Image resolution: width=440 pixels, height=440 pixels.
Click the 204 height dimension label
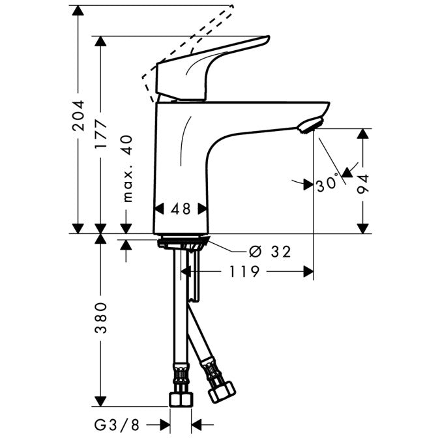pos(78,116)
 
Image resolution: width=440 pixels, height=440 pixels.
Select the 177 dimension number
pos(100,136)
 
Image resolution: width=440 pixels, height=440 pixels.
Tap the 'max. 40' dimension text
pos(126,168)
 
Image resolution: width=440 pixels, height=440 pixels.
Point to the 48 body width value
pos(181,209)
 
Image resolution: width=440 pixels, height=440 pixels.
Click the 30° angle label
pos(327,184)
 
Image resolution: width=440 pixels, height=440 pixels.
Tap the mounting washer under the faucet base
pos(183,244)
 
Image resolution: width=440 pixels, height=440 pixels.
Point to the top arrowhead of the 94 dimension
pos(364,133)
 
